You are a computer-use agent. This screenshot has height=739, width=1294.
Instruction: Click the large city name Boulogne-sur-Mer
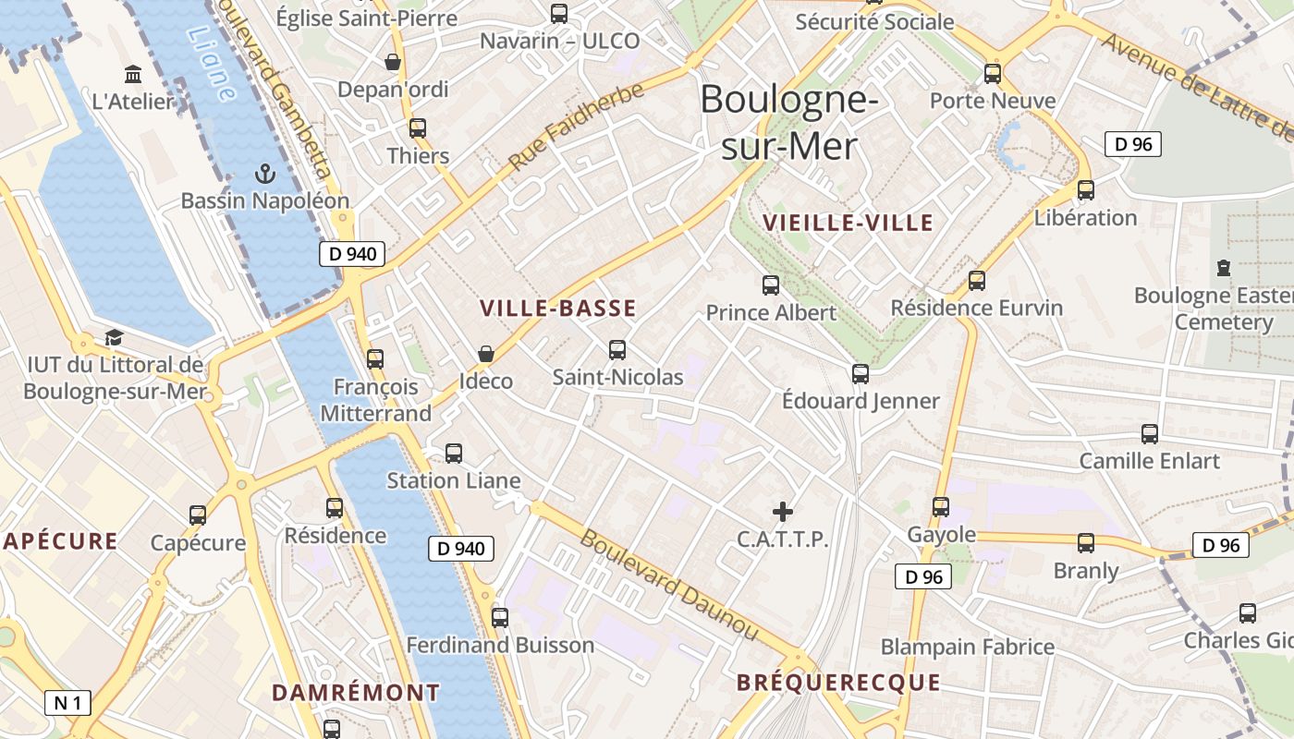(x=788, y=122)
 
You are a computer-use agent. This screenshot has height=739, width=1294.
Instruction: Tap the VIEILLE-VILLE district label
(x=848, y=223)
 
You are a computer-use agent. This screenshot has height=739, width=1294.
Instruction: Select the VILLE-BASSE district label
(x=558, y=309)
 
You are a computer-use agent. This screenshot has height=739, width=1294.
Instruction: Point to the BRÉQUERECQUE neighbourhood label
(x=838, y=683)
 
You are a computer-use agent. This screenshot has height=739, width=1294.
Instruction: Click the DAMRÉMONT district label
(x=356, y=692)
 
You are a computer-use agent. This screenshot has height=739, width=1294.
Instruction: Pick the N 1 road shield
(x=67, y=703)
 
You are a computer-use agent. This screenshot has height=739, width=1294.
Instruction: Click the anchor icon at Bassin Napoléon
(x=265, y=173)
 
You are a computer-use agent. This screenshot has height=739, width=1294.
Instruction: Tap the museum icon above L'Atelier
(x=133, y=74)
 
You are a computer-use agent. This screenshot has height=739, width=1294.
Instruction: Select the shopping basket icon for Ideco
(x=486, y=354)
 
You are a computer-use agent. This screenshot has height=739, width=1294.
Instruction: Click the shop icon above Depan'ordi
(x=393, y=62)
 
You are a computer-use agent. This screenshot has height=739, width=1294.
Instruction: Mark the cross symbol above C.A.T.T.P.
(x=783, y=511)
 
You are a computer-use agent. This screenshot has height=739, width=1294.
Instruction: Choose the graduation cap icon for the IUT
(x=114, y=337)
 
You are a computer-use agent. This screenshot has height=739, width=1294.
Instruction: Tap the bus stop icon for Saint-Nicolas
(x=617, y=350)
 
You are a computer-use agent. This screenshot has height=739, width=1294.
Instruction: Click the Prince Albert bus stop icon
(x=770, y=285)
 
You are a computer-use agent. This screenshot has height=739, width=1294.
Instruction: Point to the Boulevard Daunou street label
(x=668, y=585)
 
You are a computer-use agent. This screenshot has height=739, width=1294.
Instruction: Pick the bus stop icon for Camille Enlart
(x=1150, y=433)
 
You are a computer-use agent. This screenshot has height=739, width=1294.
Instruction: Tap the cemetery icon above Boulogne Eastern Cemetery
(x=1224, y=268)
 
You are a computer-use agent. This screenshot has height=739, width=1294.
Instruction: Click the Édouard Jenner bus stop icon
(x=861, y=373)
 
